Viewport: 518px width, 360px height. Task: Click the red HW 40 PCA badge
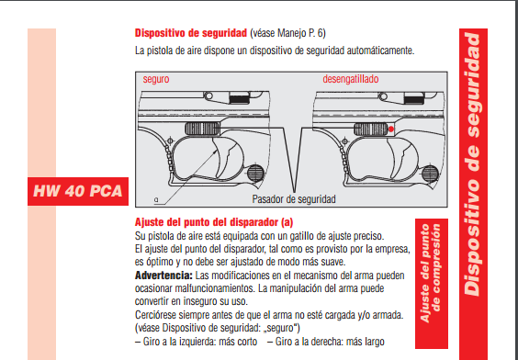pyautogui.click(x=78, y=191)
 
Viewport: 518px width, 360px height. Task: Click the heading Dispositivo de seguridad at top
pyautogui.click(x=191, y=33)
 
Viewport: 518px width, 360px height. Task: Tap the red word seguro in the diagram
pyautogui.click(x=156, y=79)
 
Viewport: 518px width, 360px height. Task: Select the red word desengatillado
pyautogui.click(x=351, y=79)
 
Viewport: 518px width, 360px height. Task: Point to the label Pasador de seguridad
pyautogui.click(x=294, y=199)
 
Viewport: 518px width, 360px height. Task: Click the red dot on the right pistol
pyautogui.click(x=391, y=129)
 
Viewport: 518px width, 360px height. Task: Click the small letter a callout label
pyautogui.click(x=156, y=200)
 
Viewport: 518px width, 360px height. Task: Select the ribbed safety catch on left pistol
pyautogui.click(x=202, y=129)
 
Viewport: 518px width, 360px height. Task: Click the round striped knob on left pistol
pyautogui.click(x=255, y=173)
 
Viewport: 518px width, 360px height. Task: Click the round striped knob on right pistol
pyautogui.click(x=430, y=173)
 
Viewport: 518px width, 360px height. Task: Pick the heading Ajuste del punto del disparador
pyautogui.click(x=214, y=222)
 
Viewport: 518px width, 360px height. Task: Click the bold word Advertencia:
pyautogui.click(x=163, y=276)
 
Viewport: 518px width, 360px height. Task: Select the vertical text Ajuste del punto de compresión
pyautogui.click(x=431, y=273)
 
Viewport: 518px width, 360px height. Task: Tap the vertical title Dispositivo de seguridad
pyautogui.click(x=473, y=164)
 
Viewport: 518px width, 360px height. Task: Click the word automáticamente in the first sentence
pyautogui.click(x=380, y=51)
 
